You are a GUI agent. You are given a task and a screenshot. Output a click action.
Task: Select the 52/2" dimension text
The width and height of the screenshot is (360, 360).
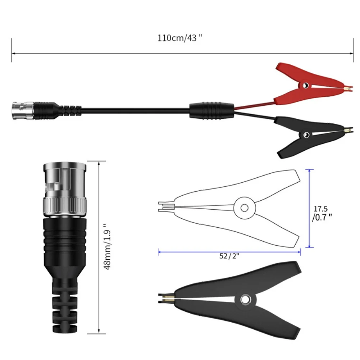[229, 256]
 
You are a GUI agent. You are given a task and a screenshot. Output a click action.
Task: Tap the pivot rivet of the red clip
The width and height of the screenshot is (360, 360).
[305, 85]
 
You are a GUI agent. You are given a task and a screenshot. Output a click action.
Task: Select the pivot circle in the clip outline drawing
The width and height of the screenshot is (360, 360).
[244, 208]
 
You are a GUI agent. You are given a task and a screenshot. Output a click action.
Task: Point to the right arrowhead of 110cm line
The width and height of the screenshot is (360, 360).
[352, 54]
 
